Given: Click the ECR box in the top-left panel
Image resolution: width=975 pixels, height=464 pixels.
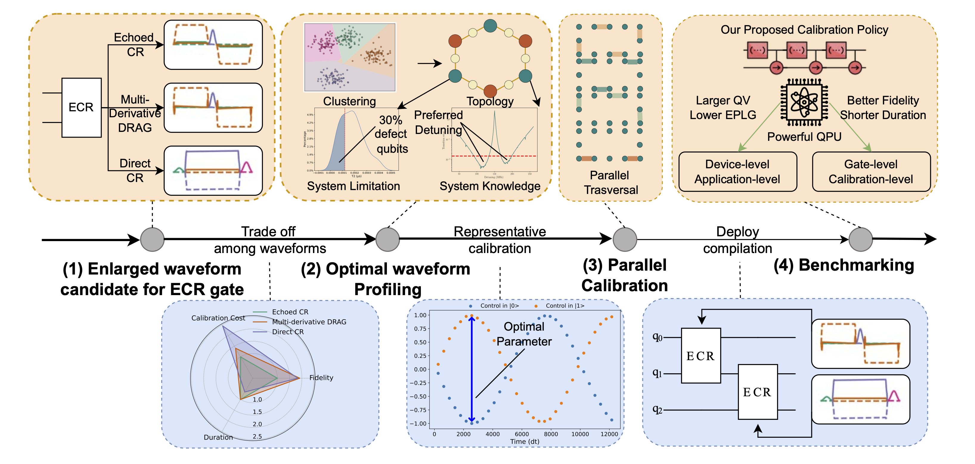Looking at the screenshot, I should pyautogui.click(x=81, y=108).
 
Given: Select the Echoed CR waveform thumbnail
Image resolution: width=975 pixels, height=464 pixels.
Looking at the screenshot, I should pyautogui.click(x=213, y=45).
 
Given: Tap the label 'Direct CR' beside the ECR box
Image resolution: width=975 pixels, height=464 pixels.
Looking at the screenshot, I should pyautogui.click(x=135, y=170).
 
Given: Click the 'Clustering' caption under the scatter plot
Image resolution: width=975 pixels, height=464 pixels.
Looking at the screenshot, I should pyautogui.click(x=349, y=101).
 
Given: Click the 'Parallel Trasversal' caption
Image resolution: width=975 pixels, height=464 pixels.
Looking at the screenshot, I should pyautogui.click(x=610, y=182).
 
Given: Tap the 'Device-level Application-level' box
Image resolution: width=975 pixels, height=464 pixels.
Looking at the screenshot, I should pyautogui.click(x=737, y=172).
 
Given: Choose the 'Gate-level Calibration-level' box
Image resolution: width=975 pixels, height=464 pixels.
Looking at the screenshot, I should pyautogui.click(x=871, y=172).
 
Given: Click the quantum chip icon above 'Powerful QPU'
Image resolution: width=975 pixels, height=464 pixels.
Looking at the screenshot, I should pyautogui.click(x=804, y=102).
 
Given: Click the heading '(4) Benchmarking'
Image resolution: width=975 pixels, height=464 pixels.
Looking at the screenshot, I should pyautogui.click(x=844, y=265).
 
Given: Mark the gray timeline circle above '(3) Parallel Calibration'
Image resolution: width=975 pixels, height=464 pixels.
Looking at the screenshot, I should pyautogui.click(x=624, y=239).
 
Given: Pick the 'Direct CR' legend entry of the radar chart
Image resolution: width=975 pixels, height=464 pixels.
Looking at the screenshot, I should pyautogui.click(x=287, y=332).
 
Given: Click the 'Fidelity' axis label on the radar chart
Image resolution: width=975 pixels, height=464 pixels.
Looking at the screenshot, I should pyautogui.click(x=321, y=378).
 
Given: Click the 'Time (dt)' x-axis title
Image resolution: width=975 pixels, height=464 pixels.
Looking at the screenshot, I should pyautogui.click(x=525, y=442).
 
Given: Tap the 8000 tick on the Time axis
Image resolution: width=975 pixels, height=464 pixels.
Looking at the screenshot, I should pyautogui.click(x=551, y=434).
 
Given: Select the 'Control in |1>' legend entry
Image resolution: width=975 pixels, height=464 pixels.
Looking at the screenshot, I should pyautogui.click(x=564, y=306).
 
